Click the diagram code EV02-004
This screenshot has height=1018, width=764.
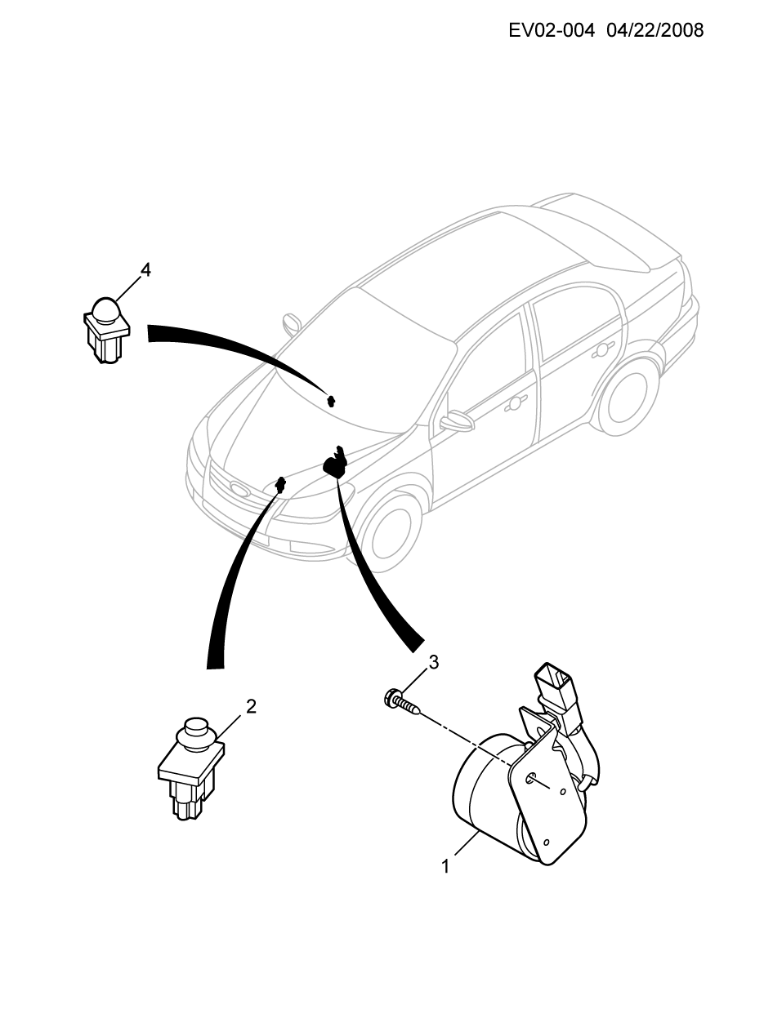tap(551, 30)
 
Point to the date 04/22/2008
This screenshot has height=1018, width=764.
tap(655, 30)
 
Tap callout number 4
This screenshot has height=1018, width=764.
tap(145, 269)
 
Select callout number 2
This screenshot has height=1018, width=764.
tap(251, 707)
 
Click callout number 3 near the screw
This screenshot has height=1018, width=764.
tap(434, 663)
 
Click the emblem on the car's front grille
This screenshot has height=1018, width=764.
tap(240, 489)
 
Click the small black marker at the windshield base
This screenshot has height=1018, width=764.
tap(332, 400)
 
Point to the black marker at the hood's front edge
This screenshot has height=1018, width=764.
tap(280, 484)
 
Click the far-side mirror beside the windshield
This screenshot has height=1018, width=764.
tap(292, 325)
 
